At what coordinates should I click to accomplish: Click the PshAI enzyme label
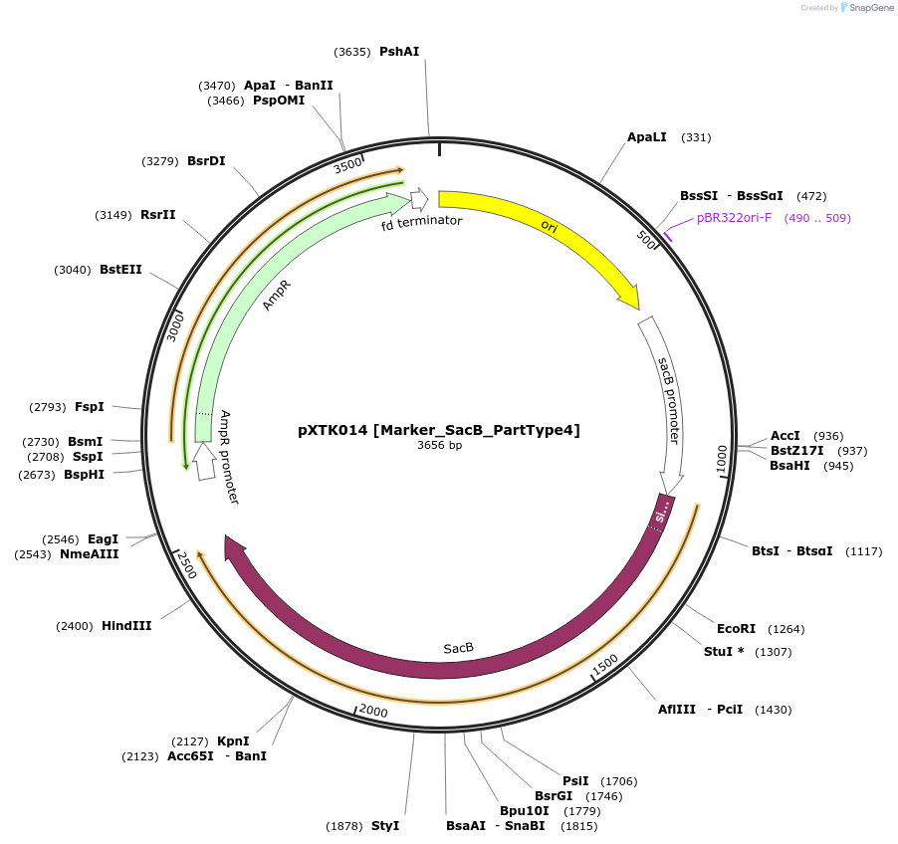(399, 51)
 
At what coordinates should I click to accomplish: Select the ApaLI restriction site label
(647, 136)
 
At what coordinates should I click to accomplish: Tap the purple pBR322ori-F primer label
(734, 217)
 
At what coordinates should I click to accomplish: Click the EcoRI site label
(736, 628)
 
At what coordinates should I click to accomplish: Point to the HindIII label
(126, 626)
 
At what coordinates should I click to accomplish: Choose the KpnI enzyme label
(233, 740)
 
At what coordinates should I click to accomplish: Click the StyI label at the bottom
(384, 826)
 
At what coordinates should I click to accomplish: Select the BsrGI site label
(554, 795)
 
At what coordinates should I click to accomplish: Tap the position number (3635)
(352, 51)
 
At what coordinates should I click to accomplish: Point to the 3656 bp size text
(439, 445)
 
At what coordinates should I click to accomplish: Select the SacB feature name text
(459, 648)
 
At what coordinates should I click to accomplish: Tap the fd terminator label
(422, 221)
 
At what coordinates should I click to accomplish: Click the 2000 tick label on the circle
(372, 710)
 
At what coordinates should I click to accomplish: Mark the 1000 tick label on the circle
(722, 459)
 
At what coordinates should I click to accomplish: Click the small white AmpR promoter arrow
(204, 462)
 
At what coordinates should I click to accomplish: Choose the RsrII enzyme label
(157, 214)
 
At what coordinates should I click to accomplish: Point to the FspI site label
(90, 406)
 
